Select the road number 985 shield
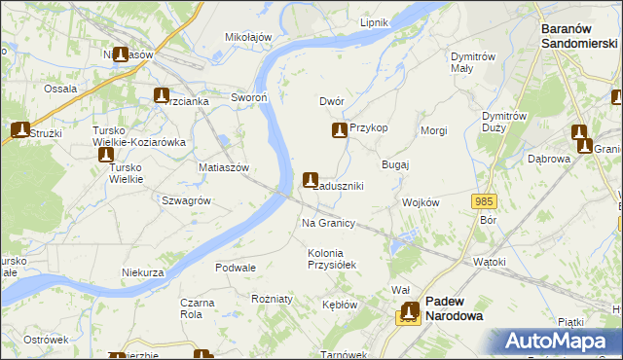click(x=485, y=201)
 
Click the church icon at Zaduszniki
click(x=311, y=180)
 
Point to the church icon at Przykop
click(x=339, y=129)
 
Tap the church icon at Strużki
click(x=18, y=129)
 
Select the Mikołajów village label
click(x=248, y=37)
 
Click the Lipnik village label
click(x=374, y=22)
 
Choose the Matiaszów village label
click(x=226, y=167)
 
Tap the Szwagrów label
click(x=186, y=199)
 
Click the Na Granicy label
click(x=327, y=223)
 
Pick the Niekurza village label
click(x=142, y=273)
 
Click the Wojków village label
click(x=421, y=202)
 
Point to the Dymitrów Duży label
click(x=504, y=122)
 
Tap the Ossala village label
click(x=60, y=89)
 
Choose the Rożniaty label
click(x=272, y=299)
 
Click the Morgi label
click(x=433, y=130)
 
